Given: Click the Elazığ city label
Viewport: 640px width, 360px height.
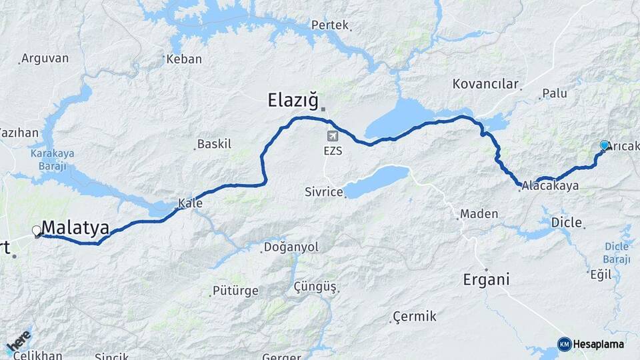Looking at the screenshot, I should tap(293, 100).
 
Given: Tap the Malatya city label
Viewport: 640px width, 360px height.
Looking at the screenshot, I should tap(75, 227).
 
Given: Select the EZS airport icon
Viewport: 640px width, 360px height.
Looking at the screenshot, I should tap(332, 136).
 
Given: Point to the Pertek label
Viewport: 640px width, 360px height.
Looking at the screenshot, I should tap(329, 25).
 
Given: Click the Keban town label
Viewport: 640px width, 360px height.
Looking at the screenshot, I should tap(184, 59).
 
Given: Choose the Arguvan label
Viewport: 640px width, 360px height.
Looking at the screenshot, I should tap(45, 58).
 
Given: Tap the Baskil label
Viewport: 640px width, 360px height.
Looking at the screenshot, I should tap(215, 144).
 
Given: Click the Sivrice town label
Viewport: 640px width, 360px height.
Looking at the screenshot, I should tap(323, 192).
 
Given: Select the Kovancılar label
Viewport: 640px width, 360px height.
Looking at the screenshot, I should tap(485, 84).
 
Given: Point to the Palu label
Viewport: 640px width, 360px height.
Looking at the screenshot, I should tap(555, 93).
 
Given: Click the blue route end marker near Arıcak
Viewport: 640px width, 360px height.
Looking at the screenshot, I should tap(605, 145).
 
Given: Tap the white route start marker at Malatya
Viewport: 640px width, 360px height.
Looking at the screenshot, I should tap(37, 231).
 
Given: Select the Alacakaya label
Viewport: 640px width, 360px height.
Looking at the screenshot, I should tap(551, 186).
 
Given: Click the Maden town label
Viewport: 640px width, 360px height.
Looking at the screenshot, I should tap(479, 214).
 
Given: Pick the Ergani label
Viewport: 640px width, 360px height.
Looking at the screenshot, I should tap(486, 279).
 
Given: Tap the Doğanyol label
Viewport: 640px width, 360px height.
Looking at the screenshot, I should tap(291, 247).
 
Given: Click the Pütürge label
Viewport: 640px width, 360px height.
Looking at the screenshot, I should tap(235, 291).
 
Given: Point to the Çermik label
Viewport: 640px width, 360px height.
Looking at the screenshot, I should tap(415, 316).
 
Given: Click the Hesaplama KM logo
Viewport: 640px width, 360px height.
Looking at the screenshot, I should tap(591, 344).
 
